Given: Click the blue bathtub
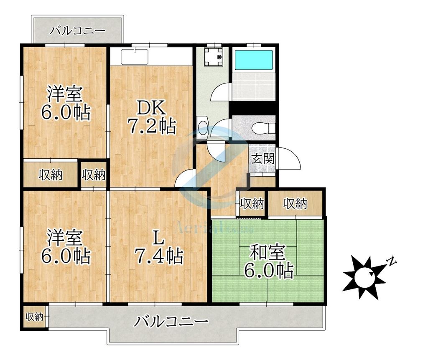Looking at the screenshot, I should pyautogui.click(x=254, y=60).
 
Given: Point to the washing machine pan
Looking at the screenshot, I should pyautogui.click(x=213, y=57).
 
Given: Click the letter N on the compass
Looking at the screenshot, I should pyautogui.click(x=392, y=262).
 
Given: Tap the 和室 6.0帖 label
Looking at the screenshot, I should pyautogui.click(x=268, y=262).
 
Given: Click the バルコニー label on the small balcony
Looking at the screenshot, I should pyautogui.click(x=77, y=30).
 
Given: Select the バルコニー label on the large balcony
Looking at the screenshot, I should pyautogui.click(x=172, y=322).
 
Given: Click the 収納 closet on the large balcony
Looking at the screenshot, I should pyautogui.click(x=35, y=317).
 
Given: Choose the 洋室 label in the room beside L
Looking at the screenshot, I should pyautogui.click(x=65, y=247).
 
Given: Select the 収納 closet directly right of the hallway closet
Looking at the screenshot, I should pyautogui.click(x=296, y=204).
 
